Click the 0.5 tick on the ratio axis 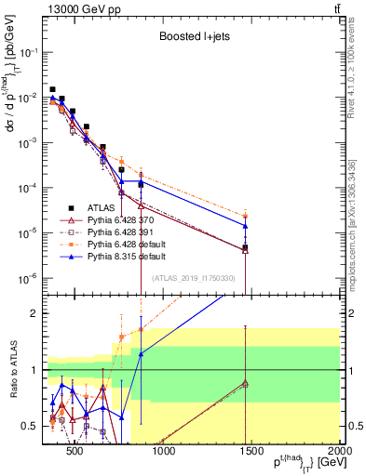click(34, 427)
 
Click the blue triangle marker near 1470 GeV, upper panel click(245, 226)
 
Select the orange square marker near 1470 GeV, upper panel click(245, 217)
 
